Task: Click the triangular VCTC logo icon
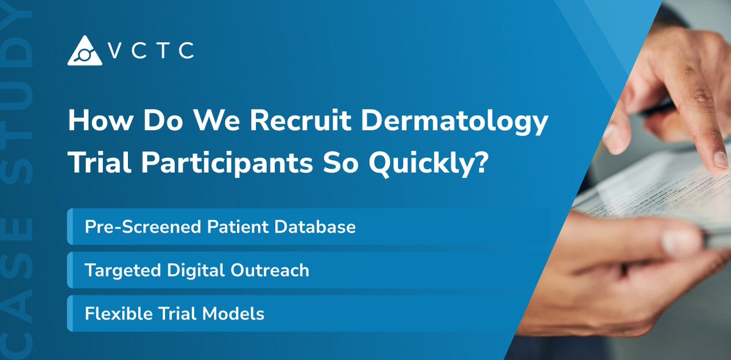(85, 51)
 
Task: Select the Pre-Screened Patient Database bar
(308, 227)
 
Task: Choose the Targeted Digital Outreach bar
(308, 270)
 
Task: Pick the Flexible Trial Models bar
(308, 313)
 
